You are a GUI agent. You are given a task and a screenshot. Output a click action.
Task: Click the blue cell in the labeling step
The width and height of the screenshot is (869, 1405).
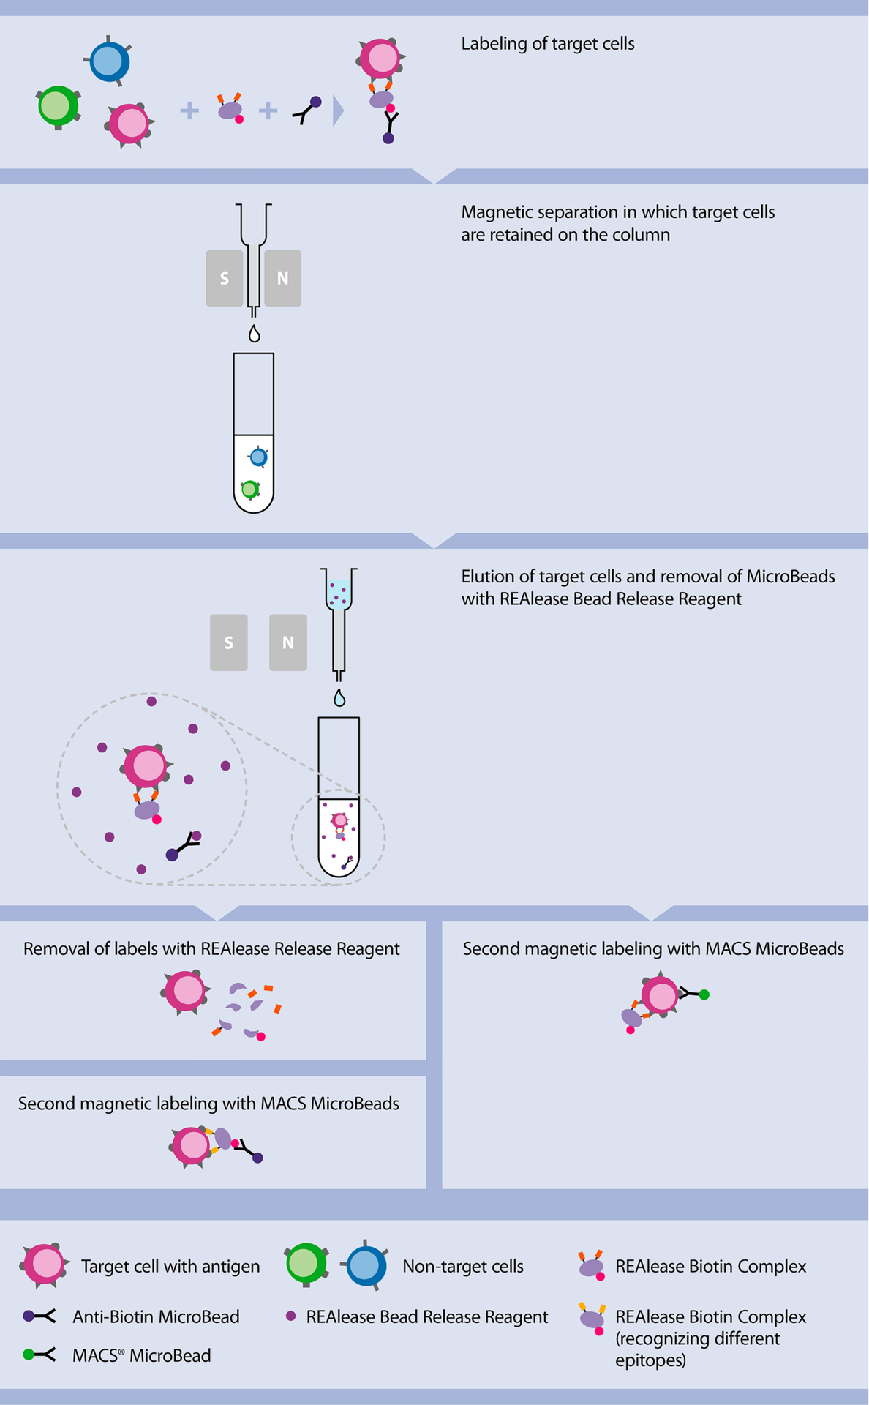[110, 61]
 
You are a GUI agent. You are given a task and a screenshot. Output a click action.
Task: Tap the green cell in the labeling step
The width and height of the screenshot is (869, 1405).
[57, 106]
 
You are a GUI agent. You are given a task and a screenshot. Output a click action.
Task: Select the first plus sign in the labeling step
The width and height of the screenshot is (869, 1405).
[189, 110]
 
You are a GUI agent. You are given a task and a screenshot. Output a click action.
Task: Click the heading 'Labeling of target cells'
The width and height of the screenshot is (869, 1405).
[547, 44]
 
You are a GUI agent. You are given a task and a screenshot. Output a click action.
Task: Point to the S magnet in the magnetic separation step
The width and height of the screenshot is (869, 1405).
[225, 278]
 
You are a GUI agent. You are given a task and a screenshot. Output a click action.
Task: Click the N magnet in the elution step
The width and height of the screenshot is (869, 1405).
[287, 642]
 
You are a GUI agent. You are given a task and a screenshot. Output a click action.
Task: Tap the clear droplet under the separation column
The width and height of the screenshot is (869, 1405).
[254, 334]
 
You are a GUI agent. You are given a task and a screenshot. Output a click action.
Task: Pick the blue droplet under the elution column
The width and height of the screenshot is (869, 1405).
[339, 698]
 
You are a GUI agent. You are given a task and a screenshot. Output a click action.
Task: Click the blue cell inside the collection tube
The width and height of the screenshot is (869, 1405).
[258, 457]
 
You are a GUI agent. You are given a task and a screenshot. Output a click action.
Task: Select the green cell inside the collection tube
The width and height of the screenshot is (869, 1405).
[250, 489]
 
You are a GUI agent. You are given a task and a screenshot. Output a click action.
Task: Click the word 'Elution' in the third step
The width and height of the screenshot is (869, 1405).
[487, 577]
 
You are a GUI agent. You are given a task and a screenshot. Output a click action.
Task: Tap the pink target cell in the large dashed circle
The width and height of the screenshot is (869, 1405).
[146, 766]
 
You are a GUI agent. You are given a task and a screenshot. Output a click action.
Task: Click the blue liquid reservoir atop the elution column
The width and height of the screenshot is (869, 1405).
[339, 593]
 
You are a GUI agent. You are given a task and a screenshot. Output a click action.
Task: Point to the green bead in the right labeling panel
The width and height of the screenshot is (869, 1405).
[704, 994]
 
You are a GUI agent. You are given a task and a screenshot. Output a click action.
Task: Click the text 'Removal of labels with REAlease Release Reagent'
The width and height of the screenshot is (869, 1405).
[211, 949]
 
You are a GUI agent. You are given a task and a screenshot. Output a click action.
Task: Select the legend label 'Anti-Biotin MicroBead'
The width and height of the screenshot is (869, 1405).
[156, 1316]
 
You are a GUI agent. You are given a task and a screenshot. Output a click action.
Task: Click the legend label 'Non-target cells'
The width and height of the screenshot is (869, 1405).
[462, 1266]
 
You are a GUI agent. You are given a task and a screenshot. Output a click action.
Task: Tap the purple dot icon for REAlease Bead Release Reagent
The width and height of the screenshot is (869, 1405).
[290, 1316]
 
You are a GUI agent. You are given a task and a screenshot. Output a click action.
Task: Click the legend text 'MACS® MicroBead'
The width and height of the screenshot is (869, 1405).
[141, 1355]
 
